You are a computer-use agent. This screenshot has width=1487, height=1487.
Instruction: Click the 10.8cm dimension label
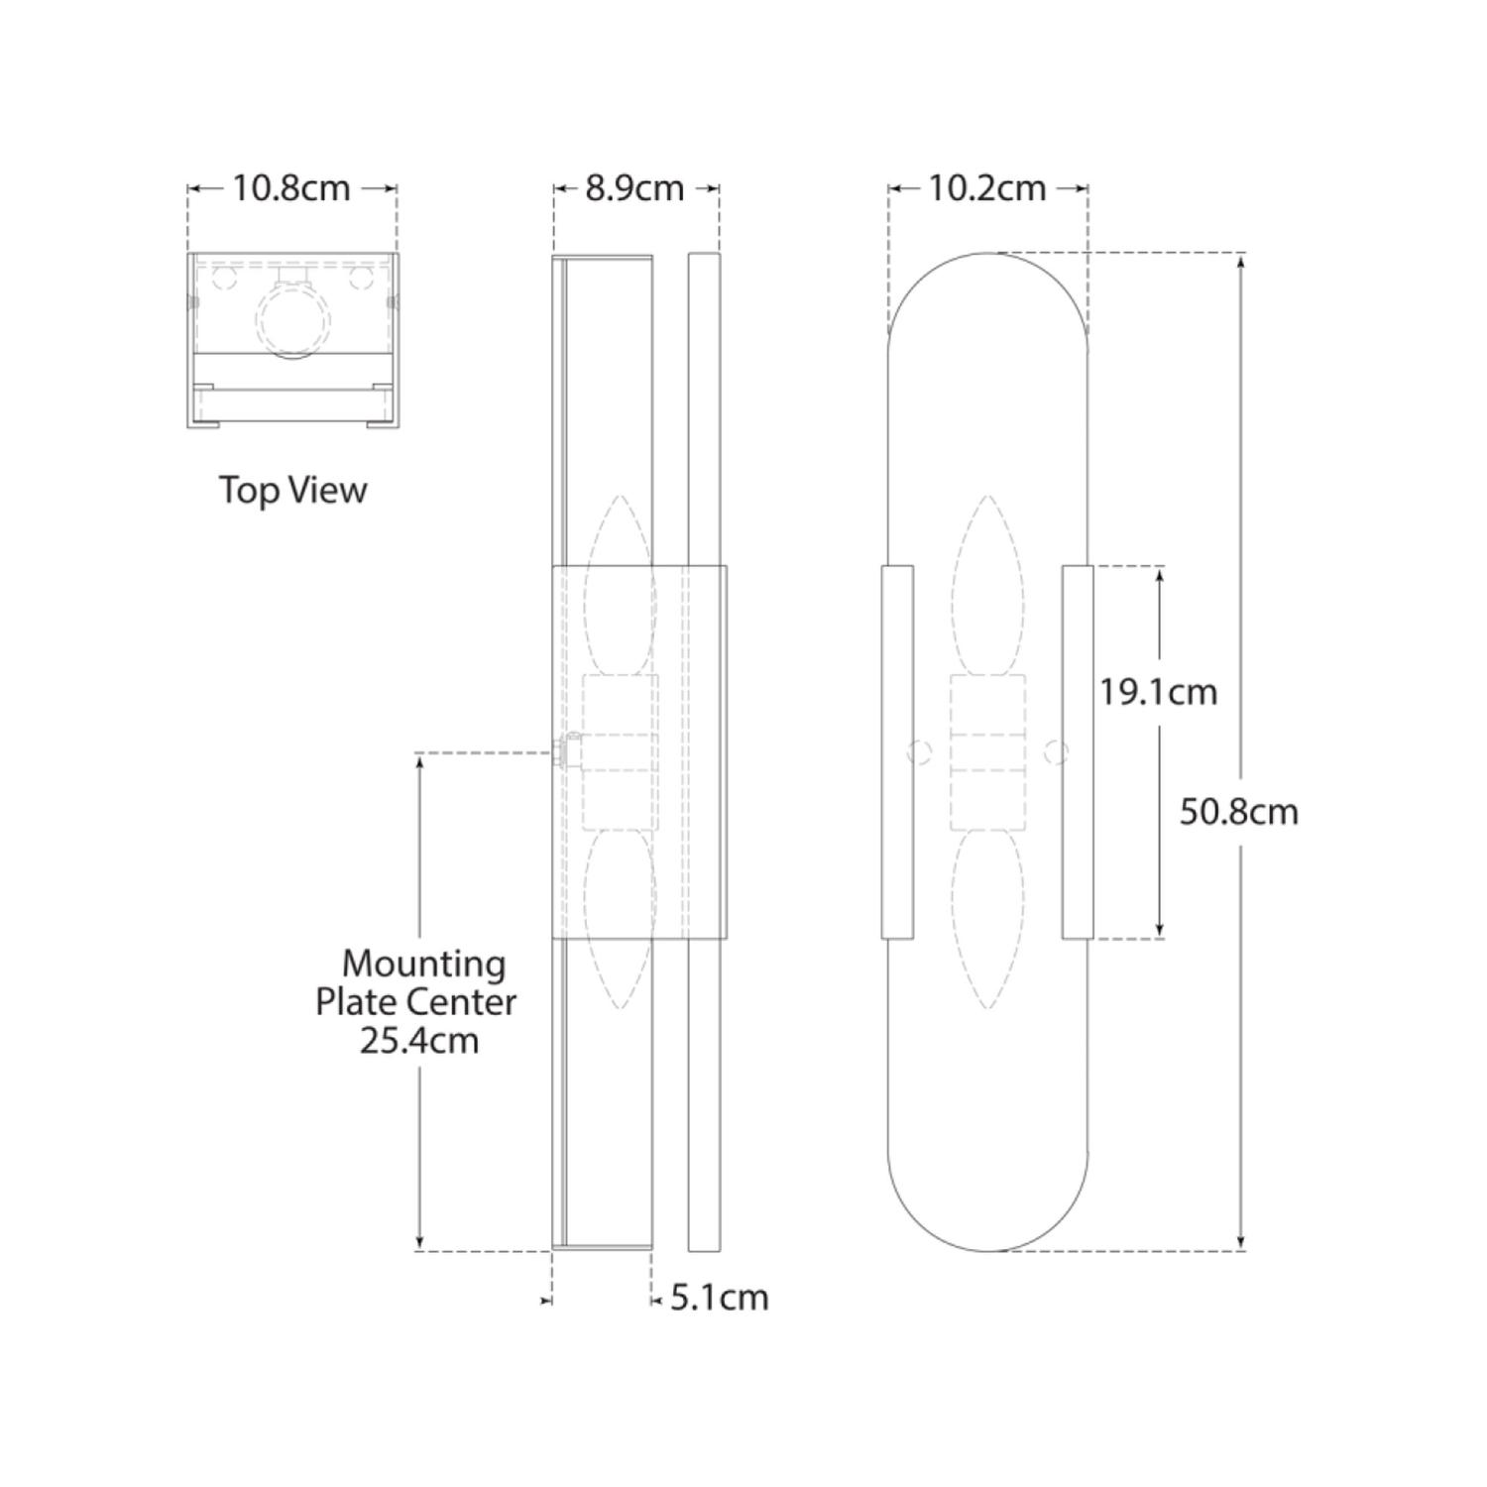click(x=291, y=188)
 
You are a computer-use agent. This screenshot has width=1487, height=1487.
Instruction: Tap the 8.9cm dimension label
click(x=634, y=188)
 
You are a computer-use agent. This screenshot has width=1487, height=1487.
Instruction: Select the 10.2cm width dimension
click(x=987, y=188)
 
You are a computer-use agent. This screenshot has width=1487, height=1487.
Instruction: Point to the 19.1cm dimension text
click(x=1158, y=692)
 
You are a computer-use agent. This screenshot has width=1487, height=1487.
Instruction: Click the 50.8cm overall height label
click(x=1238, y=812)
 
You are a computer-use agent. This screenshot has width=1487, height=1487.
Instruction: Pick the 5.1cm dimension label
click(x=719, y=1298)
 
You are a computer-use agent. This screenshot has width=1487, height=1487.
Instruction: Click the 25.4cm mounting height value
click(x=418, y=1041)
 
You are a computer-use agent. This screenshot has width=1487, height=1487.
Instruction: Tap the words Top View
click(x=292, y=490)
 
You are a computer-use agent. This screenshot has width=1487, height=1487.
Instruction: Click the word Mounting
click(x=423, y=963)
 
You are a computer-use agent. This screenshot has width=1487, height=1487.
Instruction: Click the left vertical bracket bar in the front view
click(x=897, y=751)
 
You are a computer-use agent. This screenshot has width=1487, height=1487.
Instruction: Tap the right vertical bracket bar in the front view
click(x=1078, y=751)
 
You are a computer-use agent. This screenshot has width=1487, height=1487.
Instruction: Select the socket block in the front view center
click(x=987, y=751)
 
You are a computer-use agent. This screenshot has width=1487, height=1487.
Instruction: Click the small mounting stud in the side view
click(x=569, y=750)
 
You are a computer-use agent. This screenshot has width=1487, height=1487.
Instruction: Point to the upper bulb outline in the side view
click(x=621, y=585)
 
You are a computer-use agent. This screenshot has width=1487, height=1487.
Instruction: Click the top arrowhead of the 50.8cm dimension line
click(x=1241, y=260)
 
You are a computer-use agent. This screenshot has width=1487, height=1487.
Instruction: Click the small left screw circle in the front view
click(x=919, y=752)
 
